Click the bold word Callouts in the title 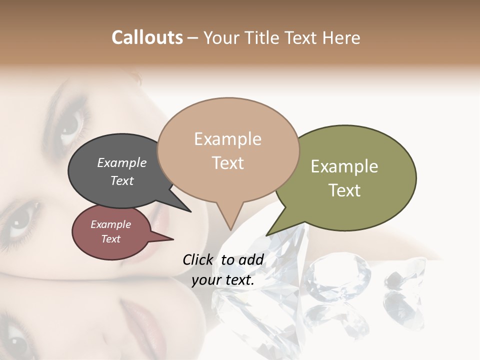click(x=147, y=37)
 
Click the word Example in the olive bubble click(x=344, y=166)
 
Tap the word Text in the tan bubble click(x=228, y=163)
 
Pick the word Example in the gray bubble click(x=121, y=162)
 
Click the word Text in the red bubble click(x=110, y=239)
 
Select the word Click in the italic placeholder click(x=198, y=259)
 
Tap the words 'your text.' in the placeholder click(x=223, y=280)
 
